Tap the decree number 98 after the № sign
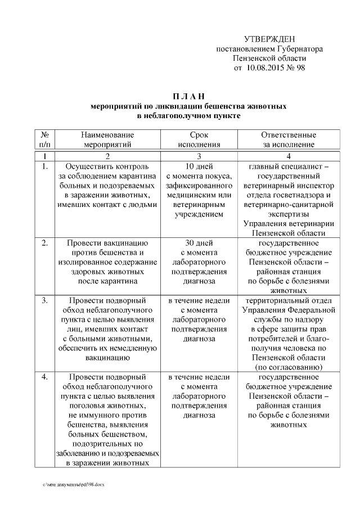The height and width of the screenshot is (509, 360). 301,68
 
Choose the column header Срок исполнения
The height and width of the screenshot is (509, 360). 199,139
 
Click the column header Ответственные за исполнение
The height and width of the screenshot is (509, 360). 289,139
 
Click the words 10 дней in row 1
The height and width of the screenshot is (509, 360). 199,167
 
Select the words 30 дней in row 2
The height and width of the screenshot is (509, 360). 199,243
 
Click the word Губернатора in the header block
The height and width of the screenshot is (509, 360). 300,49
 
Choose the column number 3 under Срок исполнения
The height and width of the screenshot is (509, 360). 199,156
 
